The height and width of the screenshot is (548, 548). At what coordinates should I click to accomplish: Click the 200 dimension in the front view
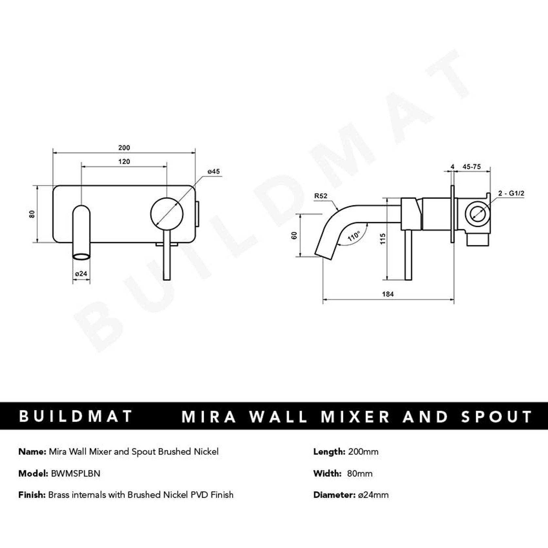[x=124, y=148]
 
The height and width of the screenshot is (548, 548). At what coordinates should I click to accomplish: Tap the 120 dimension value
[x=124, y=162]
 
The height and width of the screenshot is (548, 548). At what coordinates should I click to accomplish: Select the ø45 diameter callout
[x=214, y=172]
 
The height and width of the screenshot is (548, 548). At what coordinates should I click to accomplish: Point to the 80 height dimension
[x=32, y=214]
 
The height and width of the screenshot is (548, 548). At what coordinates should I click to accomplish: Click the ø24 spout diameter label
[x=81, y=274]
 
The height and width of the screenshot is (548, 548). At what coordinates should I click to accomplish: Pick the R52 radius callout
[x=320, y=196]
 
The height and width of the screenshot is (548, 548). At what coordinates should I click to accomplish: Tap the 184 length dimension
[x=388, y=294]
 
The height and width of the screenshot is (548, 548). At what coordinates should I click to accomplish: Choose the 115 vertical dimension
[x=383, y=239]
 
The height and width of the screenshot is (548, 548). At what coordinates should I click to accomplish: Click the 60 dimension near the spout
[x=295, y=235]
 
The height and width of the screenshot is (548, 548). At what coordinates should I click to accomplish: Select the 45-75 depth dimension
[x=471, y=167]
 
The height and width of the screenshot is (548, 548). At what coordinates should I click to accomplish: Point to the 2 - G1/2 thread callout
[x=511, y=194]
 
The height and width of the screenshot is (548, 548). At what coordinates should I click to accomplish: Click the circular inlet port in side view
[x=477, y=214]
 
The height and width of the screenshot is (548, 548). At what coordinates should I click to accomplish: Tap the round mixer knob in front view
[x=167, y=214]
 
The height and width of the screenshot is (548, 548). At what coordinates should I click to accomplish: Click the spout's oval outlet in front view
[x=81, y=257]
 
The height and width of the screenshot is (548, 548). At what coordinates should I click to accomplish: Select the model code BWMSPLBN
[x=76, y=473]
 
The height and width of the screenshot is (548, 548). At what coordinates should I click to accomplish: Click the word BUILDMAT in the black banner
[x=76, y=417]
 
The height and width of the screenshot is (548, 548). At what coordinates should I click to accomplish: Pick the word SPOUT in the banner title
[x=497, y=417]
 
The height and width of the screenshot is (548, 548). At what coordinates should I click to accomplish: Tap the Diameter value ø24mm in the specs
[x=373, y=495]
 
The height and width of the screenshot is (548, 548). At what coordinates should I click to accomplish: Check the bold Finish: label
[x=32, y=495]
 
